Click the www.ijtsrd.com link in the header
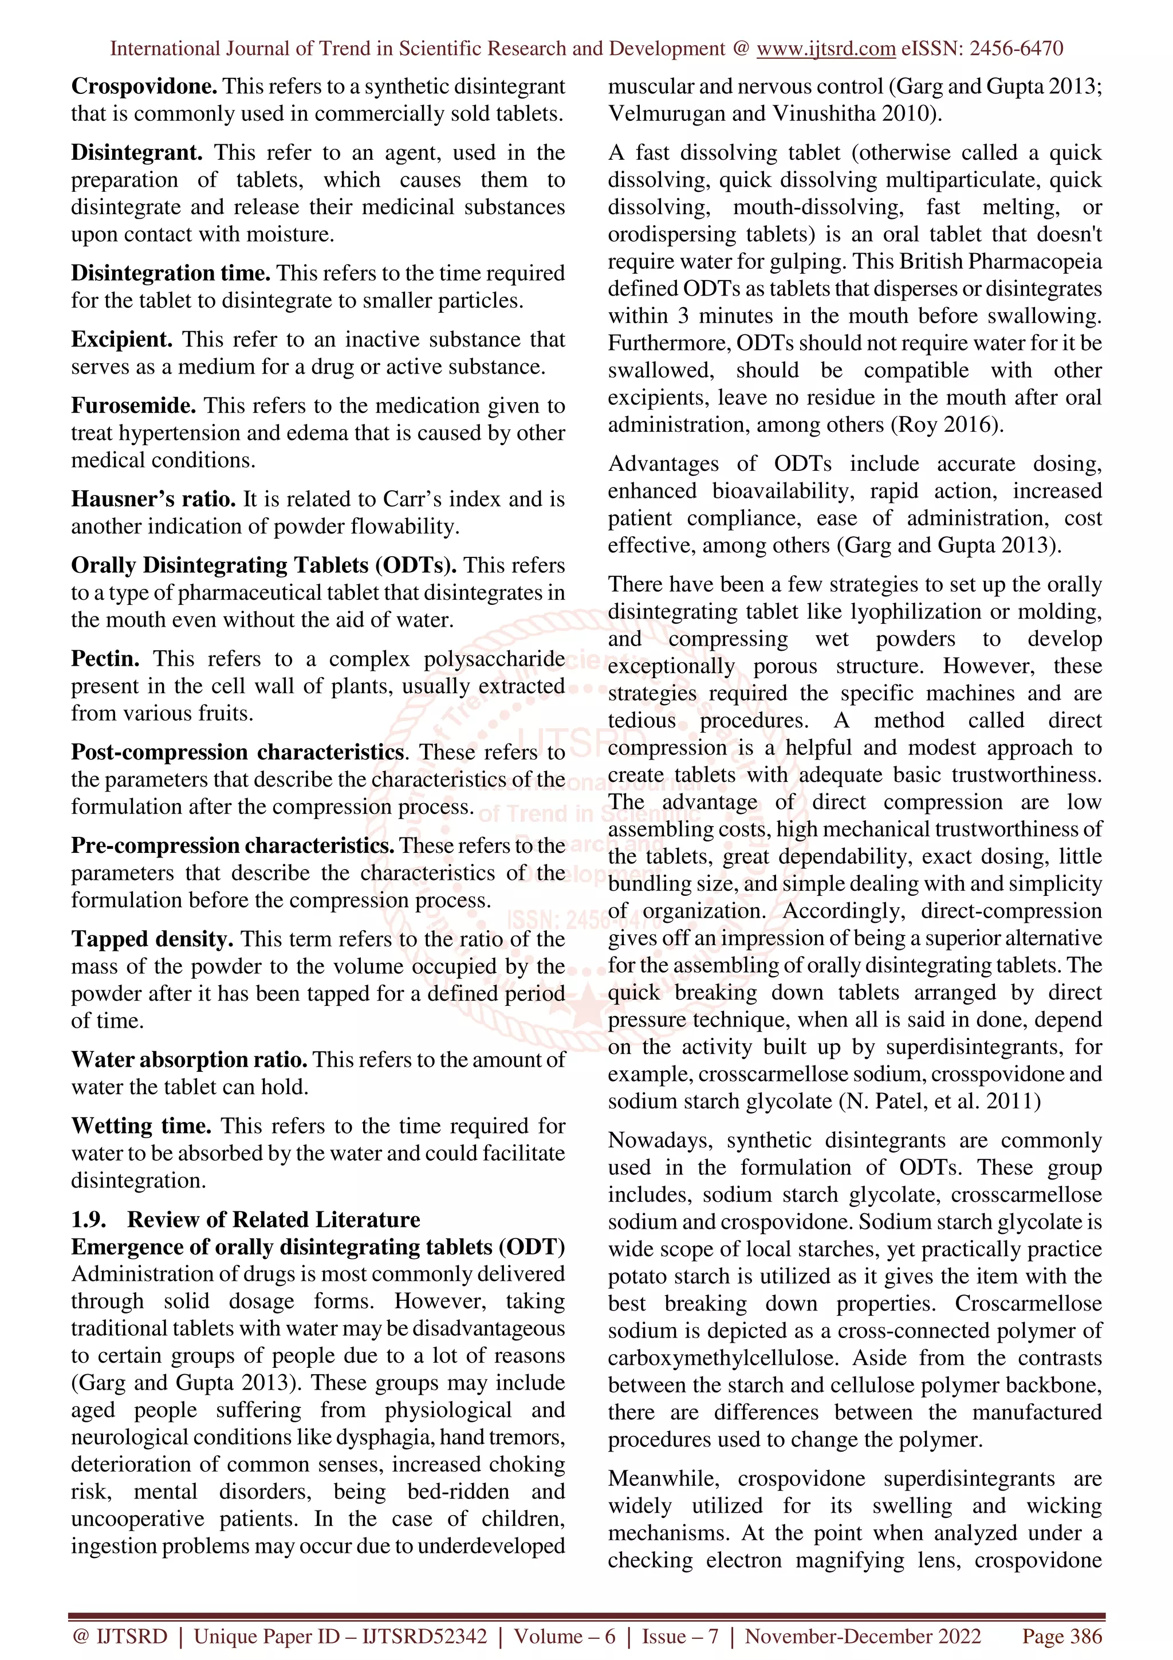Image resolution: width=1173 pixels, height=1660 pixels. (x=825, y=49)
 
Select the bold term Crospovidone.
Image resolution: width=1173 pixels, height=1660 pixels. (x=144, y=86)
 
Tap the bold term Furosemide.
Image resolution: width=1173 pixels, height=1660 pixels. (x=133, y=406)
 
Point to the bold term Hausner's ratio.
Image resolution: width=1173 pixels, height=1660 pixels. (x=153, y=499)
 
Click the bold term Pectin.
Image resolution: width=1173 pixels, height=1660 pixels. (x=105, y=659)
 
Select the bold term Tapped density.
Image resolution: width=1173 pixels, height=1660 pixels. (x=152, y=939)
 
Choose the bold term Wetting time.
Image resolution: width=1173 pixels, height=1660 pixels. (x=141, y=1126)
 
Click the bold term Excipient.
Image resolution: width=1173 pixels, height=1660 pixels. (x=121, y=339)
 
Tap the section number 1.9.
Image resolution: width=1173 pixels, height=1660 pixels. (x=88, y=1220)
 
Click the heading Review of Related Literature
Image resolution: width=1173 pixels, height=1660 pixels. (x=273, y=1220)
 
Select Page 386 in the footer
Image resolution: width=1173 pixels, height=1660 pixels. (x=1061, y=1636)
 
